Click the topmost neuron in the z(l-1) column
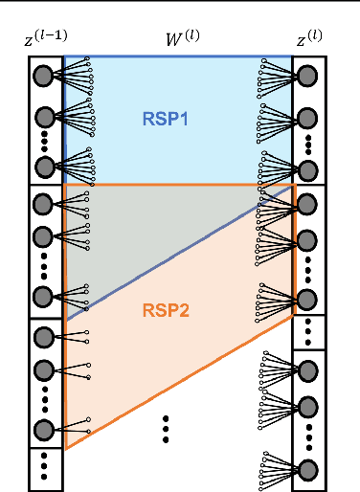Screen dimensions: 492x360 pyautogui.click(x=43, y=76)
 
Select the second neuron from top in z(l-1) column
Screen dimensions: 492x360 pyautogui.click(x=43, y=118)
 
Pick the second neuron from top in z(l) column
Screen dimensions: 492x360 pyautogui.click(x=308, y=118)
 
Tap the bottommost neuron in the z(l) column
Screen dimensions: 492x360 pyautogui.click(x=308, y=469)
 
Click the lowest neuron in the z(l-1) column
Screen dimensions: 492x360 pyautogui.click(x=43, y=430)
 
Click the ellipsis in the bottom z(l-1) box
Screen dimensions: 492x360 pyautogui.click(x=43, y=469)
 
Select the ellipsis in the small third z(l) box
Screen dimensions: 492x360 pyautogui.click(x=308, y=333)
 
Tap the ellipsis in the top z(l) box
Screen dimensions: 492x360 pyautogui.click(x=308, y=145)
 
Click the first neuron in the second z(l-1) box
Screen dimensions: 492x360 pyautogui.click(x=43, y=204)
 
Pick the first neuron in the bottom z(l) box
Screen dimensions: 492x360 pyautogui.click(x=308, y=367)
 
